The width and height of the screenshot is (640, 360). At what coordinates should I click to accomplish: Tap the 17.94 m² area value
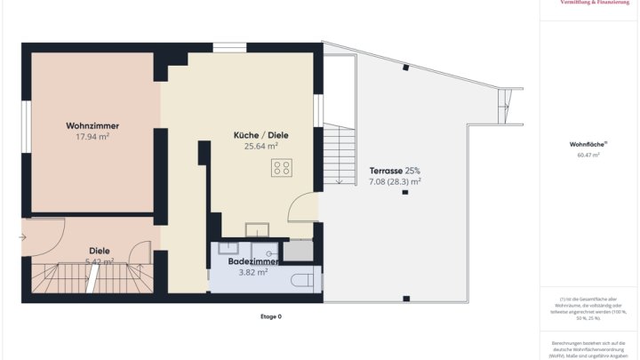tap(92, 137)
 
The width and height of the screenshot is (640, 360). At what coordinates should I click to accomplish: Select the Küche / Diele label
tap(261, 135)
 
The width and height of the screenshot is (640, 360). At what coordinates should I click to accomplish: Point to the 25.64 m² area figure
tap(261, 147)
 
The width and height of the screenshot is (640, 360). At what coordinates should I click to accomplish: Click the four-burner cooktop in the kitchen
tap(283, 167)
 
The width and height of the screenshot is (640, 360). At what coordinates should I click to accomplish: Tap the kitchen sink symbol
tap(257, 228)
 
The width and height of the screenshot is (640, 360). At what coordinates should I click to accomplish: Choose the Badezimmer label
tap(254, 262)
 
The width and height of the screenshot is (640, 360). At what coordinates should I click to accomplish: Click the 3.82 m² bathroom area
tap(253, 273)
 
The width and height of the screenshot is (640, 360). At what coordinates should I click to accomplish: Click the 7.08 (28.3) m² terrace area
tap(395, 181)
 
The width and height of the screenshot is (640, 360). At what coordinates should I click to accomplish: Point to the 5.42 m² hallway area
tap(99, 261)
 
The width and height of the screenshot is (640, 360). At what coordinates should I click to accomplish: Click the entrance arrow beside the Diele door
tap(21, 237)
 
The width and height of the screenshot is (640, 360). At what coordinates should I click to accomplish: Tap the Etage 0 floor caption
tap(270, 316)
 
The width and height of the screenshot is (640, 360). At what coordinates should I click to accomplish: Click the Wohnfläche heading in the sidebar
tap(588, 143)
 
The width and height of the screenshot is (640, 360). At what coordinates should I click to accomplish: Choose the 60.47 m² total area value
tap(588, 155)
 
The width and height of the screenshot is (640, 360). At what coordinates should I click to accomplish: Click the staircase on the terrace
tap(339, 155)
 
